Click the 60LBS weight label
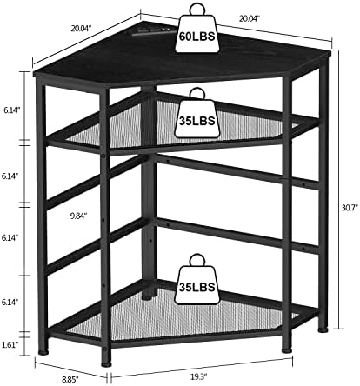pos(197,37)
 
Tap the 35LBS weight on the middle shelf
pos(197,119)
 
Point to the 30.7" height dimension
pos(350,208)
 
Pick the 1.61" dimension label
pos(10,344)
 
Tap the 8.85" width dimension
pos(70,379)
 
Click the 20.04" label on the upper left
pos(81,28)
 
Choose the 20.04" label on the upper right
pos(250,18)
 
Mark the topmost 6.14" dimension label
pos(11,110)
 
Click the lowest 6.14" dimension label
pos(10,302)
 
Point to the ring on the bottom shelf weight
pos(197,260)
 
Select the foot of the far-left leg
pos(43,353)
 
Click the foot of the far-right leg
pos(323,329)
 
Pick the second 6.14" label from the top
pos(10,176)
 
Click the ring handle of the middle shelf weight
pos(197,94)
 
